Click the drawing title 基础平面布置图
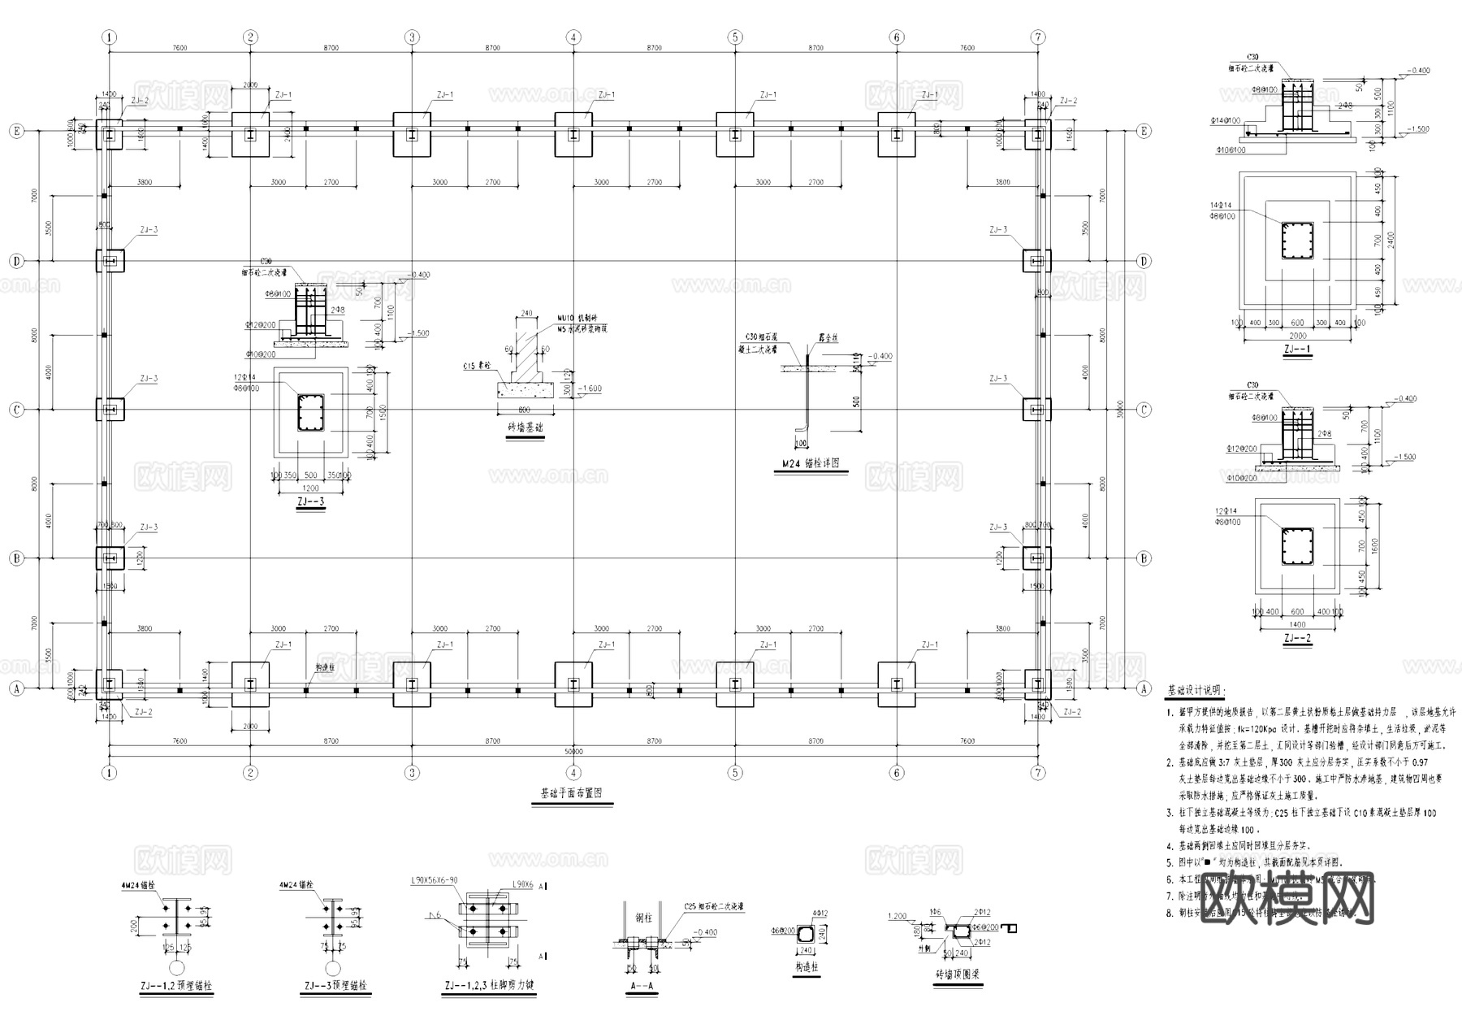coord(571,793)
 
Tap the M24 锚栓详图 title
coord(810,463)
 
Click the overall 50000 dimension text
coord(573,752)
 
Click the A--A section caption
coord(642,987)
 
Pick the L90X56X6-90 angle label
coord(435,880)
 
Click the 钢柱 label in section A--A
coord(643,918)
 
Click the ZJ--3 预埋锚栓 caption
coord(335,987)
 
